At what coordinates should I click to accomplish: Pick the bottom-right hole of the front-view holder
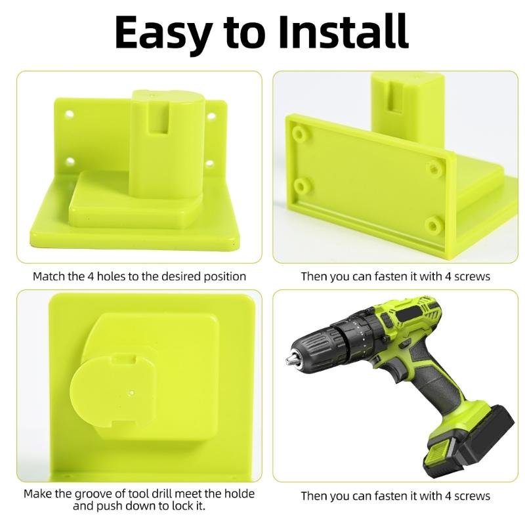click(210, 162)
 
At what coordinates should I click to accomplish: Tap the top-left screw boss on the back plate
click(299, 134)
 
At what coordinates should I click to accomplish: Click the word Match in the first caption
click(50, 276)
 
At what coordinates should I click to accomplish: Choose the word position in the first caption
click(222, 276)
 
